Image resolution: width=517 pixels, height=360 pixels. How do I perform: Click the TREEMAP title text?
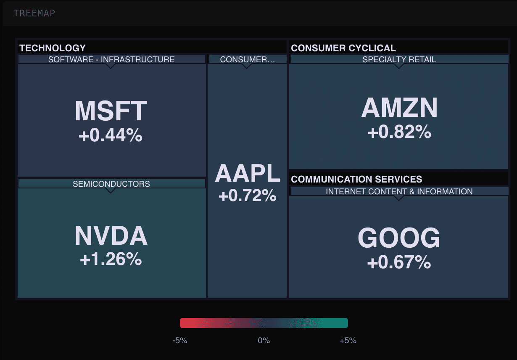coord(34,13)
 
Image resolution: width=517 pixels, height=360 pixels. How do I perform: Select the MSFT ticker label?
coord(111,111)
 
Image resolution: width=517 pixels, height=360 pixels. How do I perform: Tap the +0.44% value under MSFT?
coord(111,135)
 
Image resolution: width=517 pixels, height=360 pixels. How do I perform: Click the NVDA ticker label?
coord(111,236)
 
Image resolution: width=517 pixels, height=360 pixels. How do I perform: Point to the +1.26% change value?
coord(111,259)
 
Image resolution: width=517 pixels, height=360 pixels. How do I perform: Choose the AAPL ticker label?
coord(247,173)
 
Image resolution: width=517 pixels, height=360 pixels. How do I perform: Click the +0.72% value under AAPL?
coord(247,195)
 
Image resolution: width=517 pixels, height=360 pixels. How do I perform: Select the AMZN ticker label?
coord(399,108)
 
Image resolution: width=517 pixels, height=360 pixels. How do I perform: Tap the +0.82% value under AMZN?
coord(399,132)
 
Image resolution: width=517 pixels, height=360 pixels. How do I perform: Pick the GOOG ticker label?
coord(399,238)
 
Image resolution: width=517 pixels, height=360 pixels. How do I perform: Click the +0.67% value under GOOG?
coord(399,263)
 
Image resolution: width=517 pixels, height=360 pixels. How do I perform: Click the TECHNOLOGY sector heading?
coord(53,48)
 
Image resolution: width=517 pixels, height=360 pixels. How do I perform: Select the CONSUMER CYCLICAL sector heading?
coord(343,48)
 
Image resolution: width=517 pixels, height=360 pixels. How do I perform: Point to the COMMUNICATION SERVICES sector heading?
coord(356,179)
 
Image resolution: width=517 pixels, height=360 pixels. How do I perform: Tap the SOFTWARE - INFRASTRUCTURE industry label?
coord(111,59)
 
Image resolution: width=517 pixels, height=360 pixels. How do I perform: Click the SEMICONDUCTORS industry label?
coord(111,184)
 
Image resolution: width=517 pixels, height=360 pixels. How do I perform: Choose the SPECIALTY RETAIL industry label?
coord(399,59)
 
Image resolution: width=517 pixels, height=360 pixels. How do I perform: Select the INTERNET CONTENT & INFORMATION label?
coord(399,191)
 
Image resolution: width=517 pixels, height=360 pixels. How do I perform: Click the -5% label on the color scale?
coord(180,340)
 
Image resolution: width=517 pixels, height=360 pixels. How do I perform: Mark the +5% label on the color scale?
coord(348,340)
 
